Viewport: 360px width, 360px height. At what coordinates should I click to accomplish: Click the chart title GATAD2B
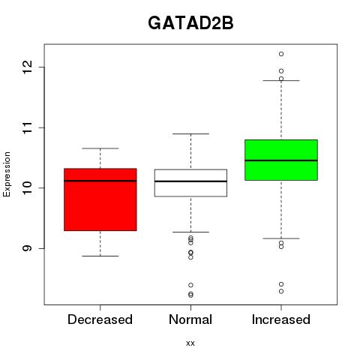pyautogui.click(x=190, y=23)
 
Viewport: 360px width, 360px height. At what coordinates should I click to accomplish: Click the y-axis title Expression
pyautogui.click(x=7, y=174)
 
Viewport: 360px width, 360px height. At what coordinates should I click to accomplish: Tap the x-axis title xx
pyautogui.click(x=190, y=343)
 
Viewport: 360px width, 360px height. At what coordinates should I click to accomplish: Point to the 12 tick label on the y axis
pyautogui.click(x=28, y=67)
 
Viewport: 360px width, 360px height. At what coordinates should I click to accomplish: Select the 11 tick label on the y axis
pyautogui.click(x=28, y=127)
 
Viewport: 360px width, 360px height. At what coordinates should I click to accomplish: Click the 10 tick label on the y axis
pyautogui.click(x=28, y=188)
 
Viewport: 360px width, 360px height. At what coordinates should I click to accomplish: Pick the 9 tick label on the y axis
pyautogui.click(x=28, y=248)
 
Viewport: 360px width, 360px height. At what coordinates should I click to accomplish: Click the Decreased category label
pyautogui.click(x=100, y=319)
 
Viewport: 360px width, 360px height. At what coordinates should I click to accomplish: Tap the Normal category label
pyautogui.click(x=190, y=319)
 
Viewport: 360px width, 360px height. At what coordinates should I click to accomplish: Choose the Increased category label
pyautogui.click(x=281, y=319)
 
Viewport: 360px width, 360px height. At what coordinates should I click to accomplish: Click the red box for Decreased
pyautogui.click(x=100, y=199)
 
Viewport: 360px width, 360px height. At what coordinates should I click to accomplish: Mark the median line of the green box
pyautogui.click(x=281, y=160)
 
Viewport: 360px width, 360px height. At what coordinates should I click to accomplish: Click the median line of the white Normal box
pyautogui.click(x=190, y=181)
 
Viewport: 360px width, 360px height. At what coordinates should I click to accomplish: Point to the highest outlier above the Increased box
pyautogui.click(x=281, y=54)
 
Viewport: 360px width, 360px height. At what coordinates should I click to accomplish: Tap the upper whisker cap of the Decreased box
pyautogui.click(x=100, y=148)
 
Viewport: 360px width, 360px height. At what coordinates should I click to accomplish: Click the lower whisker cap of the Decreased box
pyautogui.click(x=100, y=256)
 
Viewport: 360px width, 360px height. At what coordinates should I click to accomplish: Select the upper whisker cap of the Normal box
pyautogui.click(x=190, y=133)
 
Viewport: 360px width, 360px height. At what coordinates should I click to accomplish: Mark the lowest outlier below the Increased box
pyautogui.click(x=281, y=291)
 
